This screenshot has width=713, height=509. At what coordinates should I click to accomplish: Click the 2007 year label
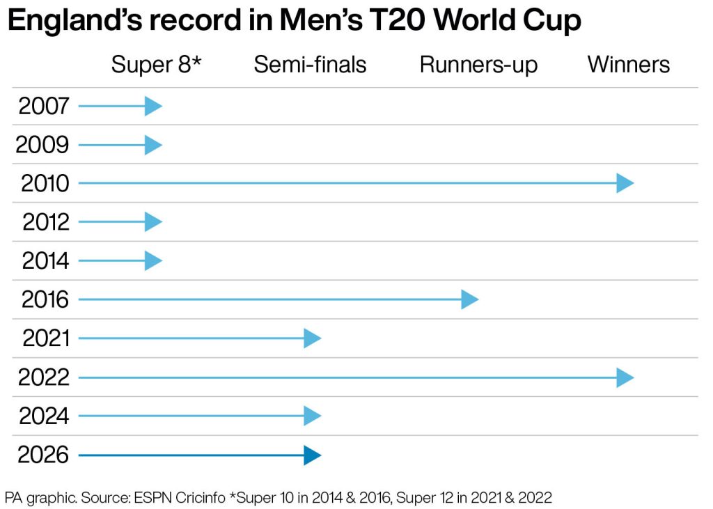coord(44,107)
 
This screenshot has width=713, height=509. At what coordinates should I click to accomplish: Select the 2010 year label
coord(45,184)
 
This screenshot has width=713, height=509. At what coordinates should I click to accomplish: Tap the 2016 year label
coord(45,300)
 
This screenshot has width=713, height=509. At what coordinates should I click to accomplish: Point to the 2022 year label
coord(44,378)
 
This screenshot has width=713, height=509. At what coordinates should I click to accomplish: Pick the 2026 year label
coord(44,455)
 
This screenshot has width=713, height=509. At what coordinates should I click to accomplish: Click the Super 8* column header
coord(156,65)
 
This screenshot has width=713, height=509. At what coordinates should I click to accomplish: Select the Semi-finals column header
coord(310,65)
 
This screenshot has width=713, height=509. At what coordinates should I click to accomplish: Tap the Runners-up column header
coord(478,65)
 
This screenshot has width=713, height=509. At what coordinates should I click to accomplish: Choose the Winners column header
coord(628,65)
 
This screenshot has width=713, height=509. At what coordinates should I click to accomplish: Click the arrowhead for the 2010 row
coord(625,184)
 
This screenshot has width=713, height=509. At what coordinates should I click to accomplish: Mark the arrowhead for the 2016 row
coord(469,300)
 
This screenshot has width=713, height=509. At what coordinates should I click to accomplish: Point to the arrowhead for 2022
coord(625,378)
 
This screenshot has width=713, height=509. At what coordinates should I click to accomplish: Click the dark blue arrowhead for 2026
coord(312,455)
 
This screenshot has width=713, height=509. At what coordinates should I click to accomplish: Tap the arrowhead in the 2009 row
coord(153,146)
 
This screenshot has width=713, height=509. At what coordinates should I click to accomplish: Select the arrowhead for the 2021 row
coord(312,339)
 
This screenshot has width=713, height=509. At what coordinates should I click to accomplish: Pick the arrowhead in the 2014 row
coord(153,261)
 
